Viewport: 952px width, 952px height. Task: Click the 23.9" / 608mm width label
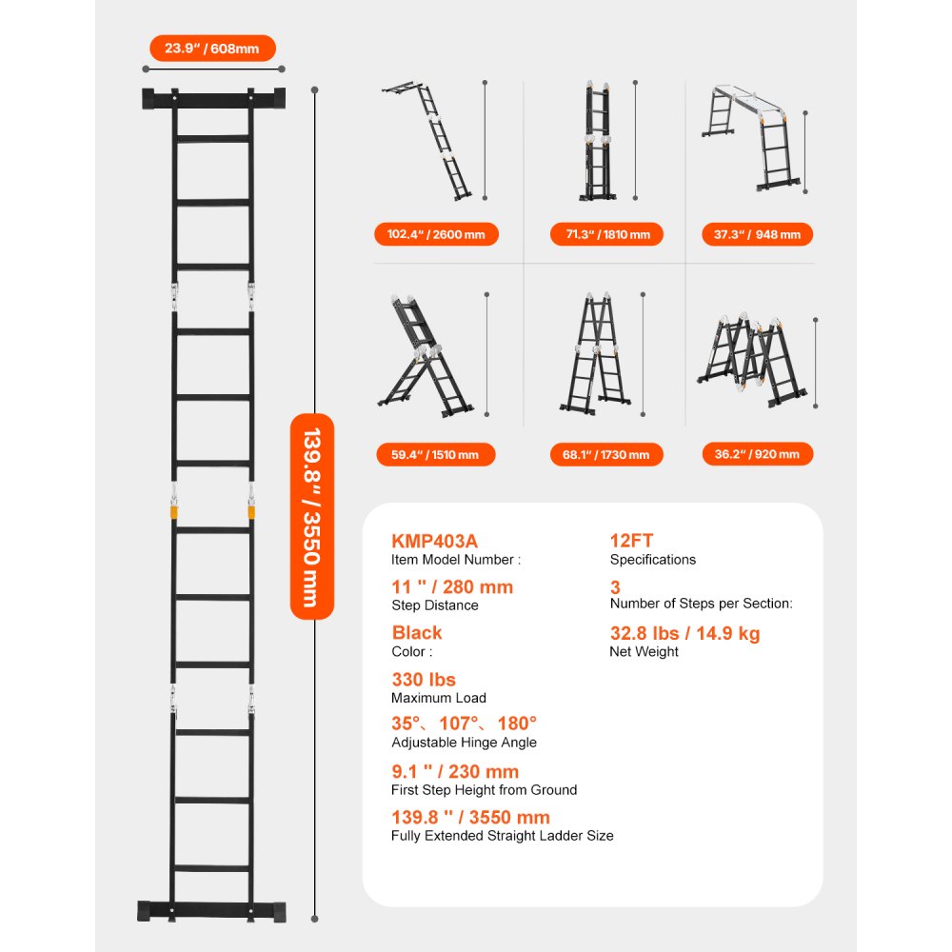point(213,48)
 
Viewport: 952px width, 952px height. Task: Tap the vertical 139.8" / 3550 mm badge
point(311,516)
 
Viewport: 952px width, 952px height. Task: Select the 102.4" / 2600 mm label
point(436,234)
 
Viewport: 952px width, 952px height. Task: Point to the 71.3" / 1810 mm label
point(606,234)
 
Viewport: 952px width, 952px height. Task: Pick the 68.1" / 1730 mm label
point(606,454)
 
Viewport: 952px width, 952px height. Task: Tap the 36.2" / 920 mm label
point(758,454)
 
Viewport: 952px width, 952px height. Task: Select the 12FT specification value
point(631,540)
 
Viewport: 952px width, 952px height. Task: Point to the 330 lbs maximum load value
point(424,679)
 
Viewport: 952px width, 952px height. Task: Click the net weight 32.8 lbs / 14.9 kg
point(684,633)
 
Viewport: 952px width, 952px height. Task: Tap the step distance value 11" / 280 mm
point(452,586)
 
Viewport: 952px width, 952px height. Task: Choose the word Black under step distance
point(417,632)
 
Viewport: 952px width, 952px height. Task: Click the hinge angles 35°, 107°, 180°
point(465,723)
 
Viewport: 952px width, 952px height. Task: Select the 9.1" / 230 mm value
point(455,771)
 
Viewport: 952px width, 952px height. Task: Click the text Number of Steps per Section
point(701,603)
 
